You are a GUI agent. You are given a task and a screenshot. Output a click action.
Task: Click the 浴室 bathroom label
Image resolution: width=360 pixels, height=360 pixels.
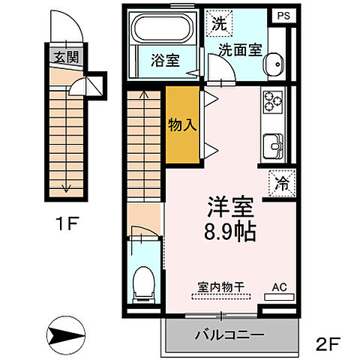(x=166, y=60)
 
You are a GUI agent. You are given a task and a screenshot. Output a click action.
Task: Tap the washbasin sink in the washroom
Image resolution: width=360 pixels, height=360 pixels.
(x=274, y=64)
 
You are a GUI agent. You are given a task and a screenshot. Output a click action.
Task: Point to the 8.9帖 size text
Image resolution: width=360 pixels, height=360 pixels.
(x=230, y=231)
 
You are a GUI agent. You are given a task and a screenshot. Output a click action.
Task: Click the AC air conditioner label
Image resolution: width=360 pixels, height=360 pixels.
(x=279, y=286)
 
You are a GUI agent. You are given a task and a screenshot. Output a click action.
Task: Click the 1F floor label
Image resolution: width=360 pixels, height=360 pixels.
(x=66, y=223)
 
